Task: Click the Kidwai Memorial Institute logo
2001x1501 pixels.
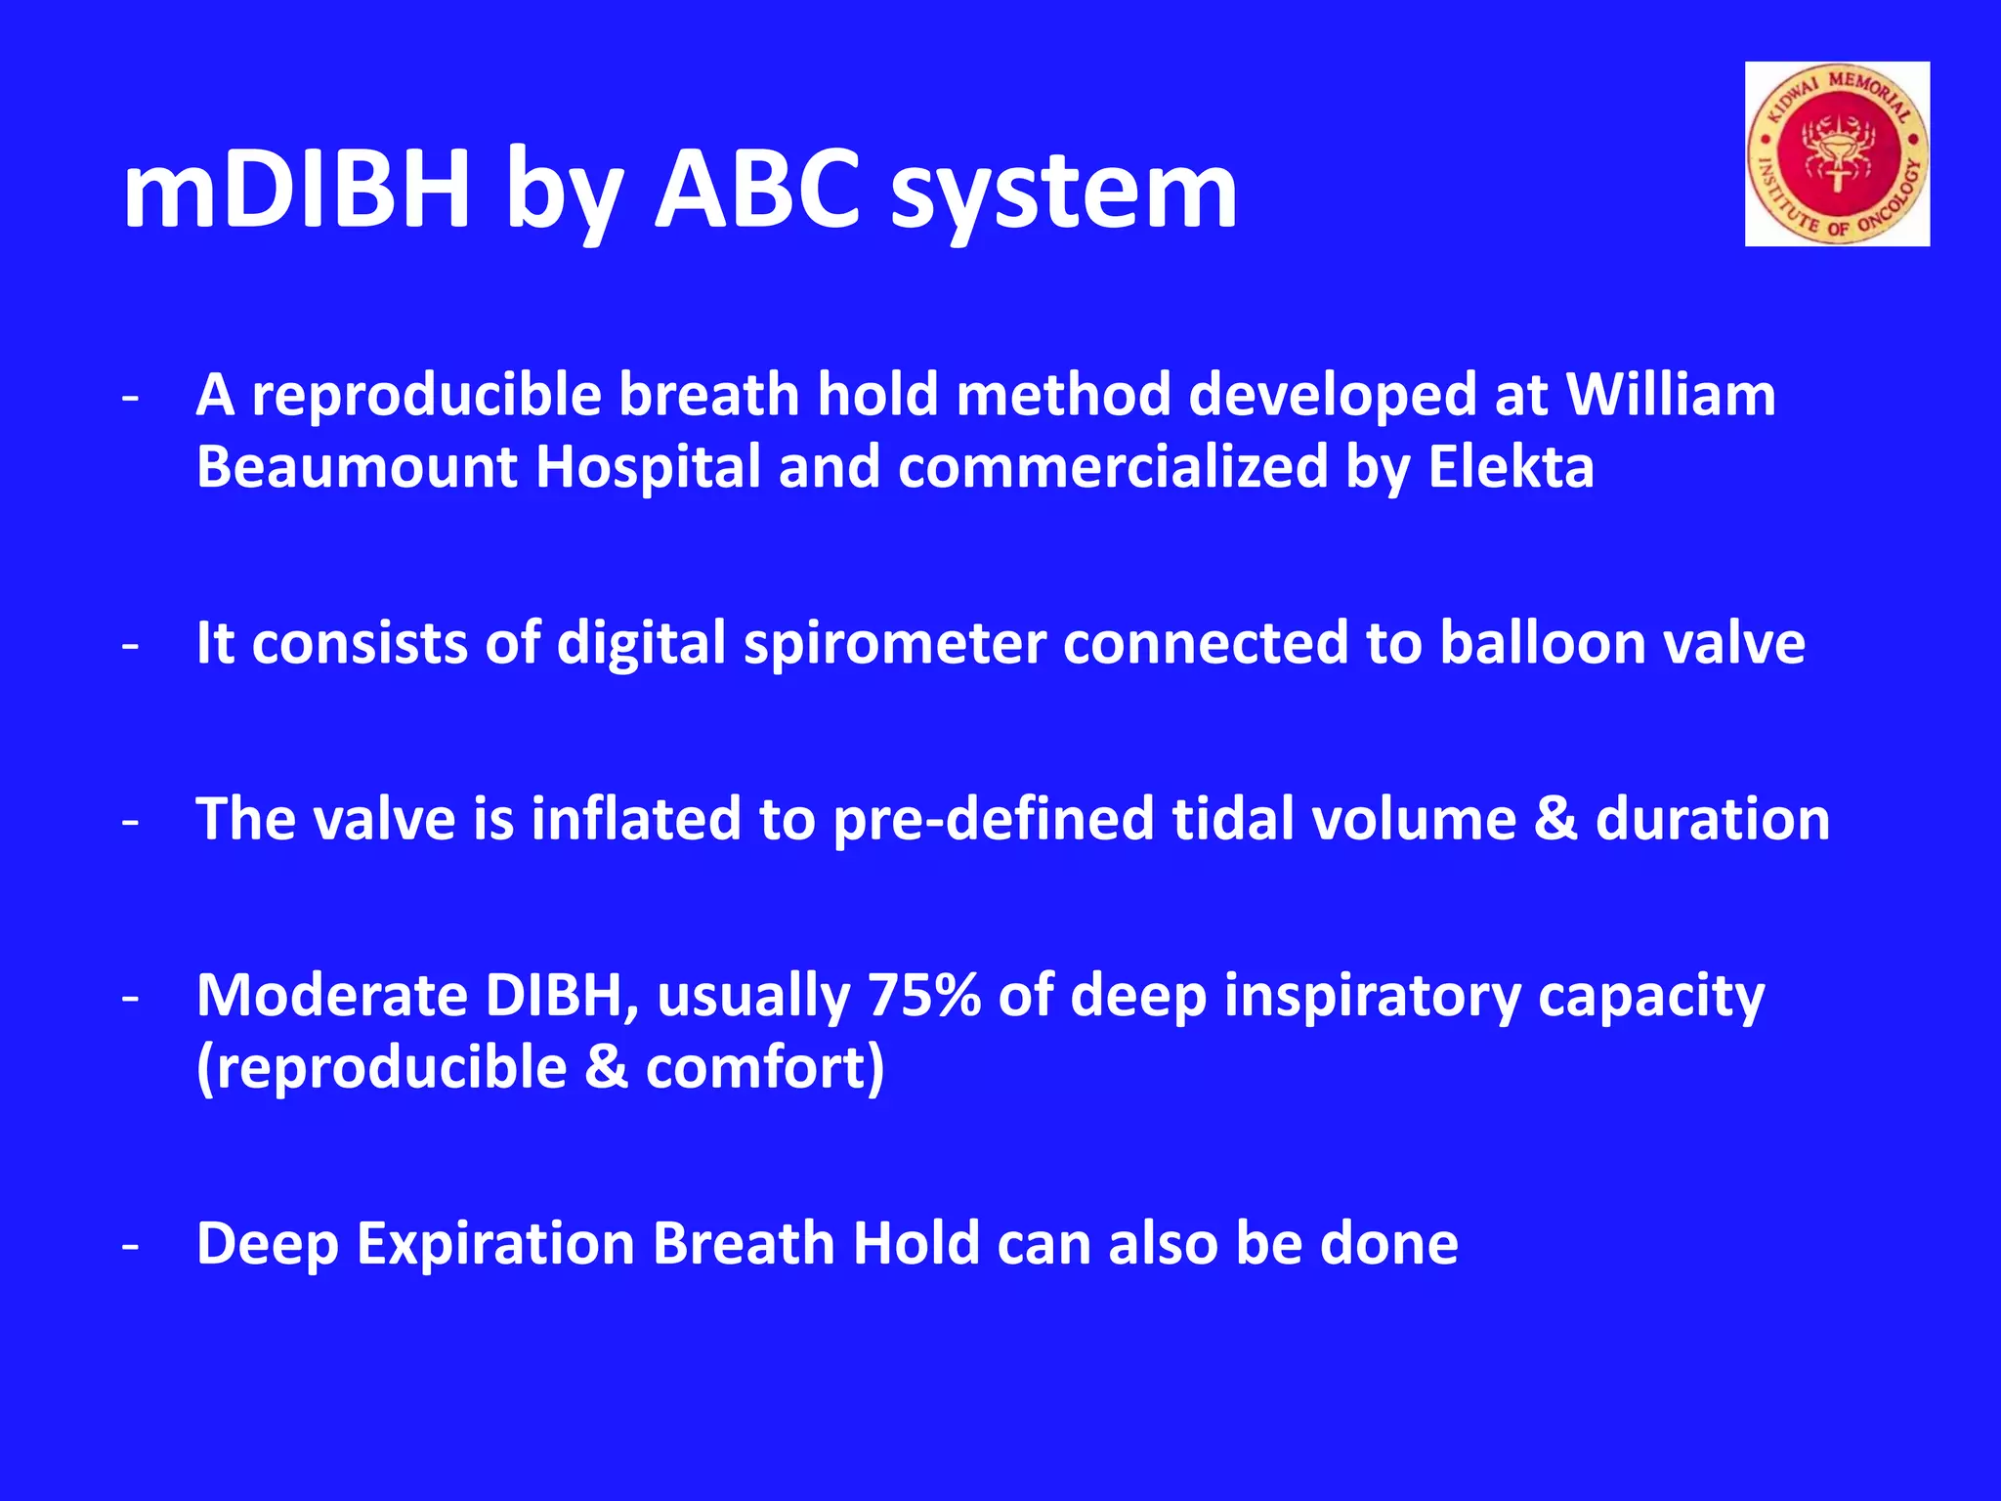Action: point(1837,154)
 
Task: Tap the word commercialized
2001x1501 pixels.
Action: point(1113,466)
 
